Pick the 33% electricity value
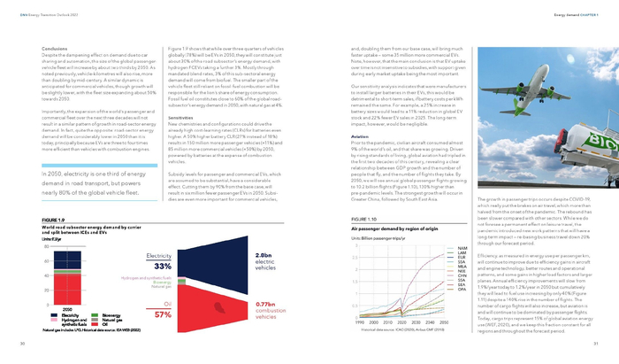pyautogui.click(x=162, y=266)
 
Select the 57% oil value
pyautogui.click(x=162, y=314)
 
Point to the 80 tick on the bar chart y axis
pyautogui.click(x=45, y=245)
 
